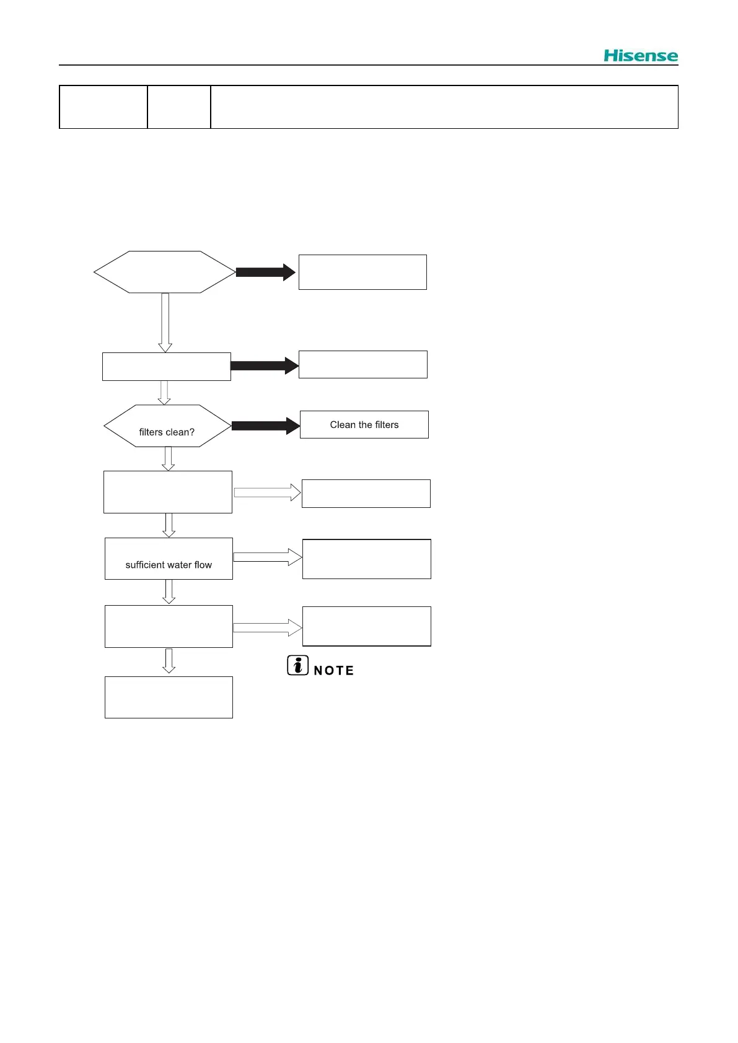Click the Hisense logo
[x=640, y=56]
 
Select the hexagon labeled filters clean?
[x=167, y=426]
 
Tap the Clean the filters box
[x=364, y=425]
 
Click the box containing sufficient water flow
[x=169, y=559]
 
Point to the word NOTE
[x=334, y=671]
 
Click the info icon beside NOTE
[x=297, y=665]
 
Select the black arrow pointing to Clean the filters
[x=265, y=425]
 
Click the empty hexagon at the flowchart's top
[x=164, y=272]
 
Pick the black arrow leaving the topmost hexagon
[x=265, y=272]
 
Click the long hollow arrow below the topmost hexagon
[x=165, y=322]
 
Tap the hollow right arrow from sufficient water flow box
[x=267, y=557]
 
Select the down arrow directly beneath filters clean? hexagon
[x=168, y=458]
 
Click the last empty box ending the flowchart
[x=169, y=697]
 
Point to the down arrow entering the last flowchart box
[x=169, y=661]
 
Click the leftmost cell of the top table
[x=103, y=107]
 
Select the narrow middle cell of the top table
[x=179, y=107]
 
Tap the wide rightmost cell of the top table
[x=444, y=107]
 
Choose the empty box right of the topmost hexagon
[x=362, y=272]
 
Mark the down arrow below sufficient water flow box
[x=169, y=591]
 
